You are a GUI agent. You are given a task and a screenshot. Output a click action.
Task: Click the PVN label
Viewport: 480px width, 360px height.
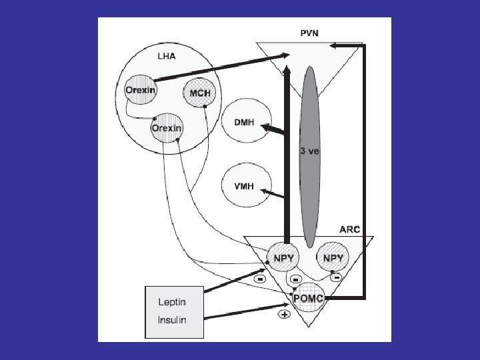pyautogui.click(x=308, y=32)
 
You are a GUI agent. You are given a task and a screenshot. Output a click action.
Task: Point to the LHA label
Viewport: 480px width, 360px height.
pyautogui.click(x=166, y=57)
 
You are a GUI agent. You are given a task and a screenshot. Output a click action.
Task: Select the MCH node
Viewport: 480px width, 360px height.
pyautogui.click(x=200, y=93)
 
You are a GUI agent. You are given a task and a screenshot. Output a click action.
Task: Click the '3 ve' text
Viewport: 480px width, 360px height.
pyautogui.click(x=309, y=151)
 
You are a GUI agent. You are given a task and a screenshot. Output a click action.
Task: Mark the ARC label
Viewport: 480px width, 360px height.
pyautogui.click(x=349, y=229)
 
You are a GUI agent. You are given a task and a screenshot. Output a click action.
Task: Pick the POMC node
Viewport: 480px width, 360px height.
pyautogui.click(x=308, y=297)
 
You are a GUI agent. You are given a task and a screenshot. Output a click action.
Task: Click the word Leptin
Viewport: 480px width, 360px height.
pyautogui.click(x=172, y=302)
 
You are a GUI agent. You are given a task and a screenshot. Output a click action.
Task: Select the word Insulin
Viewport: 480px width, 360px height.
pyautogui.click(x=172, y=319)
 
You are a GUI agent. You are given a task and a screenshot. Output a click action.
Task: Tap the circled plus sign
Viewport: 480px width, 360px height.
pyautogui.click(x=283, y=315)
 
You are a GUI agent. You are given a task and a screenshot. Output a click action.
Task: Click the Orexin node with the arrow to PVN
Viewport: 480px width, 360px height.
pyautogui.click(x=141, y=90)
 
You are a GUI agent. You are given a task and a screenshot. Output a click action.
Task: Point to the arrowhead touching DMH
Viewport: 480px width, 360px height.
pyautogui.click(x=265, y=127)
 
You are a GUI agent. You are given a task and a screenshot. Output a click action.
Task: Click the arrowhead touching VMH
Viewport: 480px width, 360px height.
pyautogui.click(x=263, y=192)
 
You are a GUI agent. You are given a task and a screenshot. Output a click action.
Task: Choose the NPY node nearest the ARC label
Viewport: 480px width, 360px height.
pyautogui.click(x=333, y=257)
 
